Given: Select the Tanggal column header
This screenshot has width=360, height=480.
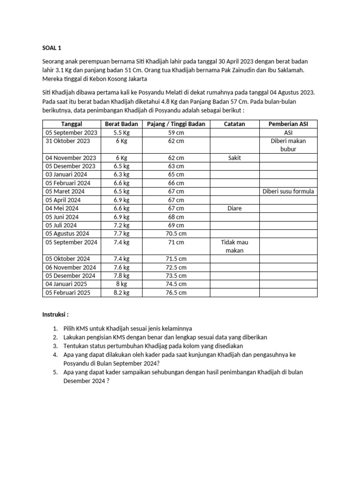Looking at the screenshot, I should tap(72, 124).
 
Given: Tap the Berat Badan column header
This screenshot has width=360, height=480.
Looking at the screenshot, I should tap(121, 124).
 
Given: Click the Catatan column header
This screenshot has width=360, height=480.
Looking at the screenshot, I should tap(234, 124).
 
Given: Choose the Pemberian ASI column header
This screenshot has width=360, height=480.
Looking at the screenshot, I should tap(288, 124).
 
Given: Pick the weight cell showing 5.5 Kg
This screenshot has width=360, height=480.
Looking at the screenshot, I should tap(121, 133).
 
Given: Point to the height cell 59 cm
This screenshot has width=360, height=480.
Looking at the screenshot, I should tap(176, 133).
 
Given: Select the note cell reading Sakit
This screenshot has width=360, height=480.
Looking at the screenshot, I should tap(234, 158).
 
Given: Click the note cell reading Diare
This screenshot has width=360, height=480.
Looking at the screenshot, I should tap(234, 208).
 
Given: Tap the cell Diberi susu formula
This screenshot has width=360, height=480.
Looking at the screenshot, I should tap(288, 191).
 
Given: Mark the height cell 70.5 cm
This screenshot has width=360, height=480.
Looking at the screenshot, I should tap(176, 233).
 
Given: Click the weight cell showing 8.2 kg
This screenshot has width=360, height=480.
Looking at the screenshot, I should tap(121, 292).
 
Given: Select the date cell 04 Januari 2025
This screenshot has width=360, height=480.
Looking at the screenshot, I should tap(67, 284).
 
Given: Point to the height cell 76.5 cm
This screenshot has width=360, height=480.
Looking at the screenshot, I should tap(176, 292).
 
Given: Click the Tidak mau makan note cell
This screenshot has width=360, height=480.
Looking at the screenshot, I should tap(234, 246).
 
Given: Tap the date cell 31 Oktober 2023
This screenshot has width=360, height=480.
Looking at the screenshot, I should tap(67, 141).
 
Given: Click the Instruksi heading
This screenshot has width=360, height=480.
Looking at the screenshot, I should tap(55, 314).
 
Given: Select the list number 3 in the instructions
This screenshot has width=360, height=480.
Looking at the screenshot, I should tap(55, 346).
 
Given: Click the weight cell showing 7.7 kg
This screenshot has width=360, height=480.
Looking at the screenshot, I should tap(121, 233).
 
